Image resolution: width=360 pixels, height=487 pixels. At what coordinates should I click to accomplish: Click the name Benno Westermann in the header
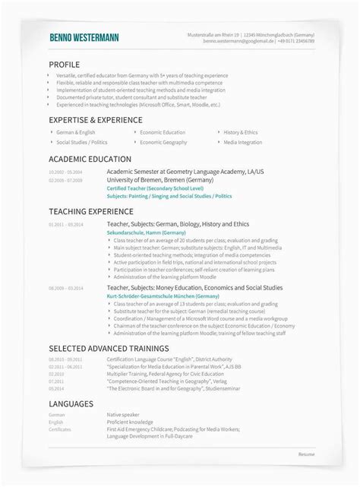click(84, 38)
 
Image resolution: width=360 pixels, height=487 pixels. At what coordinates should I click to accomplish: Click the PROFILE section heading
click(64, 65)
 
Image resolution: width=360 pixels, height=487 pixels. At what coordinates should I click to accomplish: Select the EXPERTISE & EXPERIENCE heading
click(95, 120)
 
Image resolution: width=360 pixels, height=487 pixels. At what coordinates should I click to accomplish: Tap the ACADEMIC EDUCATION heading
click(88, 160)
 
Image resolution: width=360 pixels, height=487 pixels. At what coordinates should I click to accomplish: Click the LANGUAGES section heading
click(71, 403)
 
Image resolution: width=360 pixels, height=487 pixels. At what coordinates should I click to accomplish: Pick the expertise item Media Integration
click(243, 142)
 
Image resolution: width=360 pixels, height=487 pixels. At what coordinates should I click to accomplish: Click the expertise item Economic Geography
click(163, 142)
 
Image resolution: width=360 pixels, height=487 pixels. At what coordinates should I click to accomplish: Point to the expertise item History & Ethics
click(242, 132)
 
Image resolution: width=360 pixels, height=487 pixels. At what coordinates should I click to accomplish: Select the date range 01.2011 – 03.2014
click(66, 226)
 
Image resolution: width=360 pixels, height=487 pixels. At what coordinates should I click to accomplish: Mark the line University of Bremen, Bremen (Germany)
click(153, 179)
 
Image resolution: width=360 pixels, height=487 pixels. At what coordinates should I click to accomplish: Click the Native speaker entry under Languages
click(124, 415)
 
